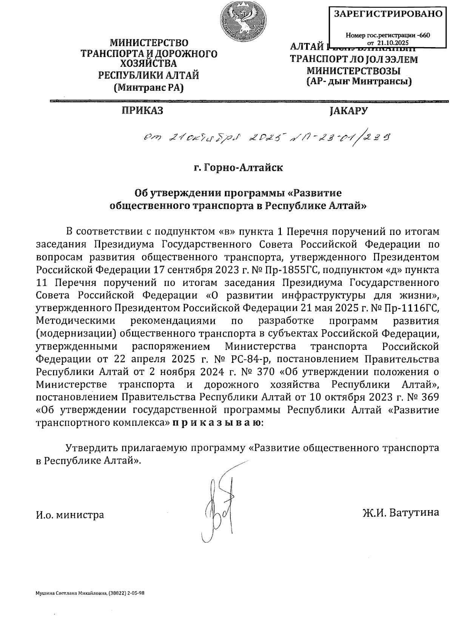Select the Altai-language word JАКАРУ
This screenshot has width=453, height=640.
[x=348, y=111]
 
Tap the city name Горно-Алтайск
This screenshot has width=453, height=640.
[x=243, y=167]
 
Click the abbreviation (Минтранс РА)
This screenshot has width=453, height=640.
[x=148, y=88]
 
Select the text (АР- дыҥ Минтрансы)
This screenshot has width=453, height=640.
[x=359, y=81]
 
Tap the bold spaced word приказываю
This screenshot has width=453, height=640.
[x=216, y=422]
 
